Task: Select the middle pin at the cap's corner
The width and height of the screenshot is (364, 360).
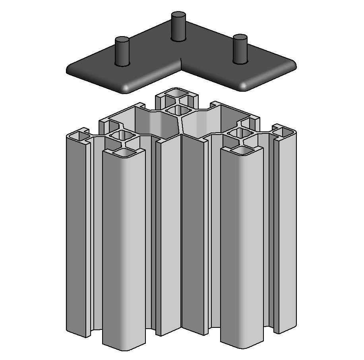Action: pos(179,26)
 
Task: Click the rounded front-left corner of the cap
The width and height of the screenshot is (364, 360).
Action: pos(126,88)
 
